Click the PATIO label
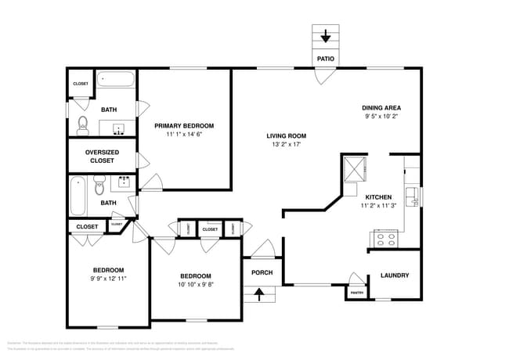[x=326, y=59]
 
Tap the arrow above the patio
[x=326, y=36]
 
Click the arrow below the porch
[x=262, y=295]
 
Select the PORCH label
[x=262, y=272]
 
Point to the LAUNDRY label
[x=394, y=275]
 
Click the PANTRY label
[x=356, y=293]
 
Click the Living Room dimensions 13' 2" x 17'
[x=286, y=144]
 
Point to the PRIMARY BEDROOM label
[x=184, y=125]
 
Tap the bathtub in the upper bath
[x=116, y=79]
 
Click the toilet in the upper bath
[x=83, y=124]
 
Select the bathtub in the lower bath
[x=77, y=196]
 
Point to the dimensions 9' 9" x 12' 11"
[x=106, y=278]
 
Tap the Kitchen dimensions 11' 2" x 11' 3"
[x=379, y=206]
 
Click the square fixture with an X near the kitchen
[x=355, y=167]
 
